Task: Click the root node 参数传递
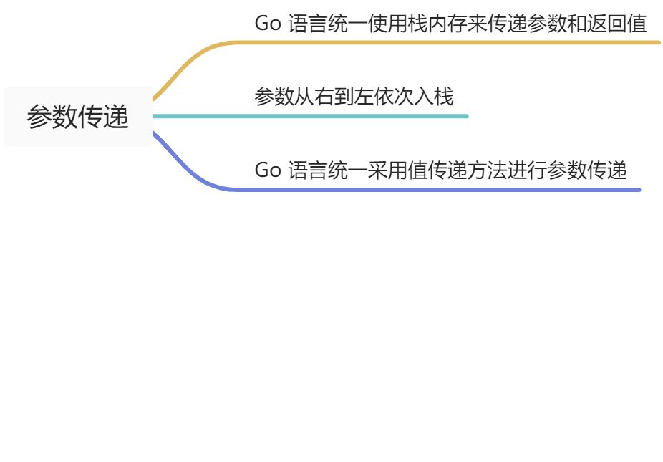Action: point(78,117)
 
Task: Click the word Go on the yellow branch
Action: point(268,24)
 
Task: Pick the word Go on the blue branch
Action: point(268,171)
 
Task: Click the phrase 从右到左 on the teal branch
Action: point(334,97)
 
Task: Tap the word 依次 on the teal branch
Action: point(395,97)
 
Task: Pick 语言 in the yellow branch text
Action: point(308,24)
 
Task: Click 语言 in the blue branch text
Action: point(308,171)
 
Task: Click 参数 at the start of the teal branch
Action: point(274,97)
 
